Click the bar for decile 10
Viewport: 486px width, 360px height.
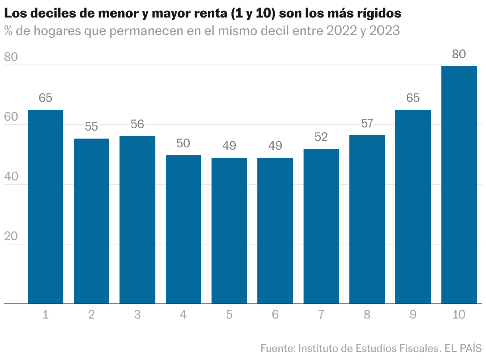pos(459,185)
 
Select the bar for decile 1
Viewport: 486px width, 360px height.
pos(45,207)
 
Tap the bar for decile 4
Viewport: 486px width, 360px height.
pos(183,230)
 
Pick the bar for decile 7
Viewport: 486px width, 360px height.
pos(321,227)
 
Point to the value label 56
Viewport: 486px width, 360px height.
pos(137,125)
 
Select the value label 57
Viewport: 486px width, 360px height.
pos(367,123)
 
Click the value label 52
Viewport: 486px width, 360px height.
pos(321,137)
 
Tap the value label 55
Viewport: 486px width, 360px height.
pos(91,127)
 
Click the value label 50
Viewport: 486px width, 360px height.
pos(183,144)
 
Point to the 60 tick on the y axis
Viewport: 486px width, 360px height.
pos(11,117)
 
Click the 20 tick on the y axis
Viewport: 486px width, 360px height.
pos(11,237)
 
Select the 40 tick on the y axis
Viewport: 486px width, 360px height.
pos(11,177)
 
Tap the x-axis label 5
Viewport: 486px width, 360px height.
pos(229,315)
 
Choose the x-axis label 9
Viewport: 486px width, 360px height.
pos(413,315)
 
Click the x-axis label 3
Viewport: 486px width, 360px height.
pos(137,315)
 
